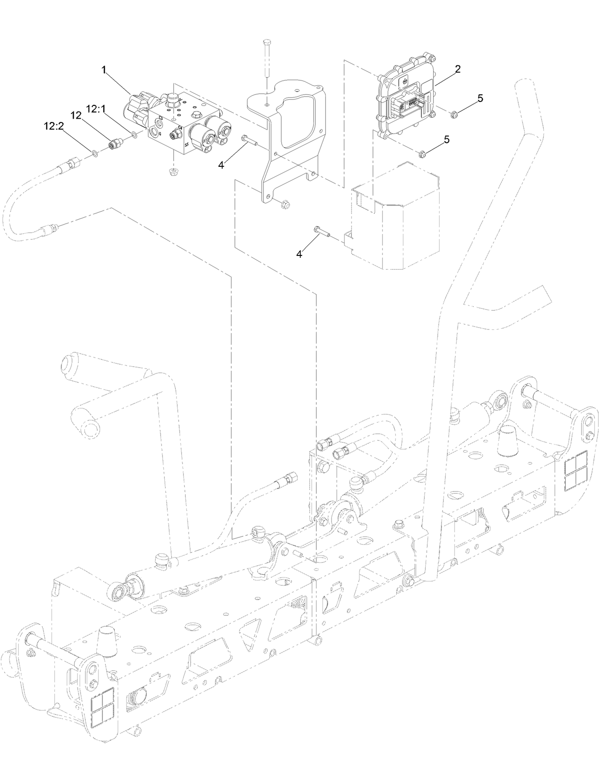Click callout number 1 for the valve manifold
[x=103, y=70]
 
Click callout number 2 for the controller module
[x=457, y=69]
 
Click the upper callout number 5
[x=480, y=98]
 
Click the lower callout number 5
[x=446, y=139]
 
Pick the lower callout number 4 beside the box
[x=299, y=254]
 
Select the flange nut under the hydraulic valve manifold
[x=173, y=170]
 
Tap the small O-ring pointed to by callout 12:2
[x=95, y=153]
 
